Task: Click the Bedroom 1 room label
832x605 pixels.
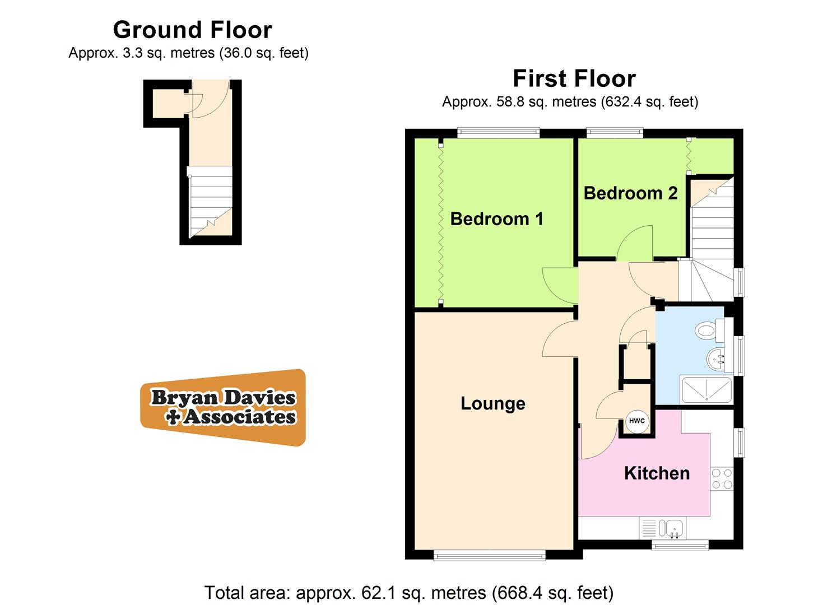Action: tap(496, 218)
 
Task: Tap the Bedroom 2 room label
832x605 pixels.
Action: tap(630, 193)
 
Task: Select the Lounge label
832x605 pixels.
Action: tap(492, 403)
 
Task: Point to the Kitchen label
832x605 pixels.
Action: tap(657, 473)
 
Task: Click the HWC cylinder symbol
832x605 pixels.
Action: tap(636, 421)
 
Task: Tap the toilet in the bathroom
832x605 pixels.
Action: tap(707, 330)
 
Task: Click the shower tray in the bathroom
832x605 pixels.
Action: tap(706, 389)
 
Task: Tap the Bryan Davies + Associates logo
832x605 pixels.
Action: tap(223, 407)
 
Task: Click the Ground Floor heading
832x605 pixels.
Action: tap(192, 30)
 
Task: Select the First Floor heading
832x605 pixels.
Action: tap(574, 78)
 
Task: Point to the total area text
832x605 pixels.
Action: tap(408, 592)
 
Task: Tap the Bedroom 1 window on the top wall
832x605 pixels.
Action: tap(498, 133)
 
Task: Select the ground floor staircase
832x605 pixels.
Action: tap(210, 202)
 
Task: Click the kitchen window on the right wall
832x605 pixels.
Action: tap(740, 443)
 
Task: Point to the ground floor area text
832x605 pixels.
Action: tap(188, 53)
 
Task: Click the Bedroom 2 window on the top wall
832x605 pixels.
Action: tap(614, 133)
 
